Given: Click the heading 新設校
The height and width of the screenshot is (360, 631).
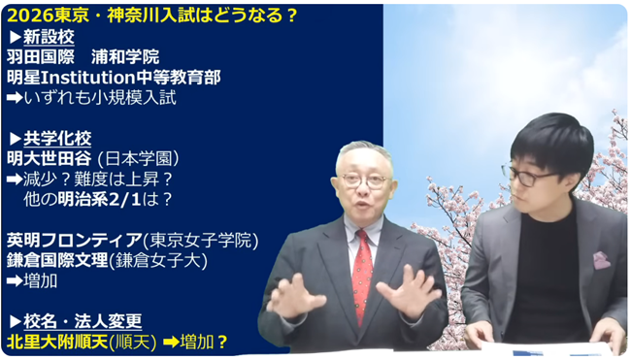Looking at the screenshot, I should click(x=47, y=37).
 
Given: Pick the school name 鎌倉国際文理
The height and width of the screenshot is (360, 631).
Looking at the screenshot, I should click(x=56, y=259).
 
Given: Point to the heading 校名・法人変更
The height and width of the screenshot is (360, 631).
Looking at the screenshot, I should click(x=81, y=321).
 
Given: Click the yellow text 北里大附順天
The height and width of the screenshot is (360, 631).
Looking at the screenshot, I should click(x=55, y=342).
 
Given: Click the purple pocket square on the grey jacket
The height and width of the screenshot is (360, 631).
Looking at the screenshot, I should click(x=601, y=260).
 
